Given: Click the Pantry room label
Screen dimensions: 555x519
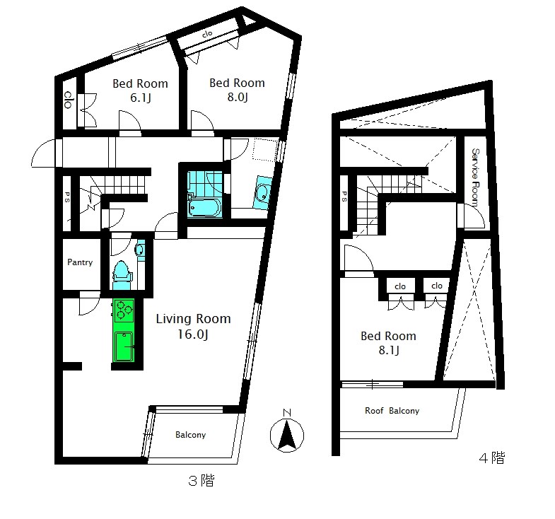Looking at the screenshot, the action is point(80,262).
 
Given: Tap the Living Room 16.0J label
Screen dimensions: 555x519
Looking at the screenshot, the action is point(193,326).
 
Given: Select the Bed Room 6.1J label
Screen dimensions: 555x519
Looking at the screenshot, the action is point(140,91).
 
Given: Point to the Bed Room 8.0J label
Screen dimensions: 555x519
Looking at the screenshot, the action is point(237,90).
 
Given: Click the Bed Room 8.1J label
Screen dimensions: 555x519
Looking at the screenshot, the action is point(388,343).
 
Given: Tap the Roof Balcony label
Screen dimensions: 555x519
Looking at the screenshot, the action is point(392,411).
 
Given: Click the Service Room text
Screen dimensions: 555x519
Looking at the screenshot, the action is point(475,177).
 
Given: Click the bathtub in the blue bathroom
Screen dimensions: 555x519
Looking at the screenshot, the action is point(204,207).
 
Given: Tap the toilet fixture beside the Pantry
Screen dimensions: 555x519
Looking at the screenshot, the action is point(122,275).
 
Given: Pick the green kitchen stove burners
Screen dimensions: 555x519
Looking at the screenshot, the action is point(124,310).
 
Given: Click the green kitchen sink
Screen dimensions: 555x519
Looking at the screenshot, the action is point(124,347).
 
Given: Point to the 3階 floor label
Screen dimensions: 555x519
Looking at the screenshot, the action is point(201,481).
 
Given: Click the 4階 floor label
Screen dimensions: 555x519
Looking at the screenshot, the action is point(491,457).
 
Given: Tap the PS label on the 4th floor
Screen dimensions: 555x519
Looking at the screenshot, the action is point(344,197).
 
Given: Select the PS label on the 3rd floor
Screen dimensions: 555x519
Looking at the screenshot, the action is point(67,197).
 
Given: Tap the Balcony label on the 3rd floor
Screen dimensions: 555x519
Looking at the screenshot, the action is point(190,435).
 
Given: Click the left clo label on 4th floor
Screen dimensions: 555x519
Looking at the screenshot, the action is point(400,286).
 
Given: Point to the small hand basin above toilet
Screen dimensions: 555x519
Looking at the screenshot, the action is point(141,250).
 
